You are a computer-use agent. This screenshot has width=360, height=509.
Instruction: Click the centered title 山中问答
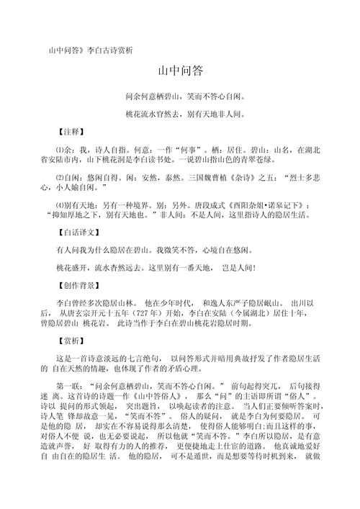pyautogui.click(x=180, y=71)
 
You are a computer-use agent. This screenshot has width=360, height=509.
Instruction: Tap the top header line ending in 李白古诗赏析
pyautogui.click(x=90, y=50)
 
